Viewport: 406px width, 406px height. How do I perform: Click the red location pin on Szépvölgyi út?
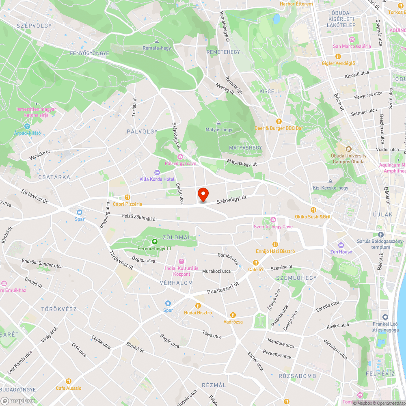pyautogui.click(x=203, y=194)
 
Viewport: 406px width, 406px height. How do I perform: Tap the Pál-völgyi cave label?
pyautogui.click(x=180, y=163)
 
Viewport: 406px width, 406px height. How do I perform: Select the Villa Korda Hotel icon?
pyautogui.click(x=157, y=173)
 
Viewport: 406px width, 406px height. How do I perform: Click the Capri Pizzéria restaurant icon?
pyautogui.click(x=127, y=197)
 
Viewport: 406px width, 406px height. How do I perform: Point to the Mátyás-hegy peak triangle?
pyautogui.click(x=219, y=123)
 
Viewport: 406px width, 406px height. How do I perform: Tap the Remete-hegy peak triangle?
pyautogui.click(x=157, y=41)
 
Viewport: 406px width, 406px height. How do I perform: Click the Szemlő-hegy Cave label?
pyautogui.click(x=273, y=226)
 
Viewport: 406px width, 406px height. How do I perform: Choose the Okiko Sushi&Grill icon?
pyautogui.click(x=313, y=210)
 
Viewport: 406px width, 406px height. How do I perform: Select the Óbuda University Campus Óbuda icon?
pyautogui.click(x=349, y=149)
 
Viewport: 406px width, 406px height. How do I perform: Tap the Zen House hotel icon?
pyautogui.click(x=341, y=245)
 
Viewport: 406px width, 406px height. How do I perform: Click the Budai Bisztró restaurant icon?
pyautogui.click(x=198, y=306)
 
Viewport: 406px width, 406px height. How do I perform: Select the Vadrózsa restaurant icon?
pyautogui.click(x=233, y=315)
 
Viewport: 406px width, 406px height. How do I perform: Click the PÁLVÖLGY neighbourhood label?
pyautogui.click(x=142, y=132)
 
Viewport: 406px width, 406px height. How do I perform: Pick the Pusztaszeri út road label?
pyautogui.click(x=223, y=288)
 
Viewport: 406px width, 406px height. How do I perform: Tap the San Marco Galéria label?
pyautogui.click(x=352, y=46)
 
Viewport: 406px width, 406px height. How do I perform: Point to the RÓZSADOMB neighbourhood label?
pyautogui.click(x=297, y=376)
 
